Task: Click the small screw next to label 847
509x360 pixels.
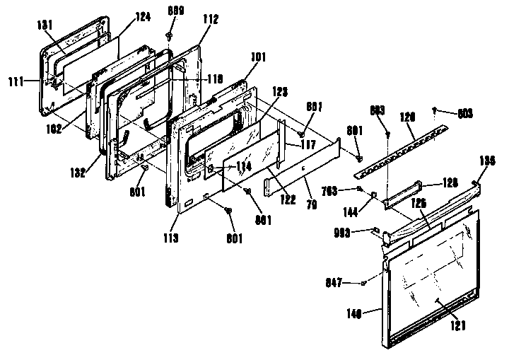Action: pyautogui.click(x=362, y=283)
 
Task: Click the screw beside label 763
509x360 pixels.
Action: pyautogui.click(x=361, y=189)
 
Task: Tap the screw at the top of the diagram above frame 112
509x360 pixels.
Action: pyautogui.click(x=170, y=34)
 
